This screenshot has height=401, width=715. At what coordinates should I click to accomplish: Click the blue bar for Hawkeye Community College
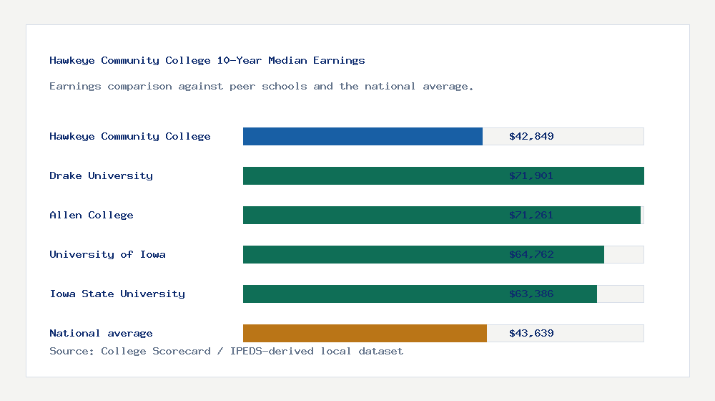(363, 136)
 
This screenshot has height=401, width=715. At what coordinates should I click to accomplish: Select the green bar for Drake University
(372, 175)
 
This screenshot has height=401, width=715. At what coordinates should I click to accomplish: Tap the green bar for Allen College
(372, 215)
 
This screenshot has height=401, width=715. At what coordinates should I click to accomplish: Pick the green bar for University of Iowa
(372, 254)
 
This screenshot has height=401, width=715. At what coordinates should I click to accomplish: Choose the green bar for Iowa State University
(372, 294)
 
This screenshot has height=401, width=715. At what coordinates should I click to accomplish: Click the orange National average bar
(365, 333)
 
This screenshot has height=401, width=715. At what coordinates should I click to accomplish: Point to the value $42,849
(531, 136)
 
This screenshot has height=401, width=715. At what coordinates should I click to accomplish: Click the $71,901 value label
(531, 175)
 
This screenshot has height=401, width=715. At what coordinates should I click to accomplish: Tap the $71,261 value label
(531, 215)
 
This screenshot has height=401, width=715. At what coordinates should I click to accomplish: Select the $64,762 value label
(531, 254)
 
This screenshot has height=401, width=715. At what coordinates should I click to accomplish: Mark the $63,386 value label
(531, 294)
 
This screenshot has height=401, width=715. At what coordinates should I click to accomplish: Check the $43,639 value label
(531, 333)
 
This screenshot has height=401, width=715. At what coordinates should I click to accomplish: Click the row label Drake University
(101, 175)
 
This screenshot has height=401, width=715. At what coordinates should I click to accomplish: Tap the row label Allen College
(92, 215)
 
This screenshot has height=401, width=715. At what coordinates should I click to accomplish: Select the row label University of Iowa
(107, 254)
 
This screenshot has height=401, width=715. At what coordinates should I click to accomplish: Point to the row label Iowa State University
(117, 294)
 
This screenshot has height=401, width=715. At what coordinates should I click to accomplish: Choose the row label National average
(101, 333)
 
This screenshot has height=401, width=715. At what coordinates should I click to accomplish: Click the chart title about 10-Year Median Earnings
(207, 60)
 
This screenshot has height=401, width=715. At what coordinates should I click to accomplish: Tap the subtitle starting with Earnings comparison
(262, 86)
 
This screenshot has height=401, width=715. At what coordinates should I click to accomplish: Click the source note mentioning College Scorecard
(226, 351)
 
